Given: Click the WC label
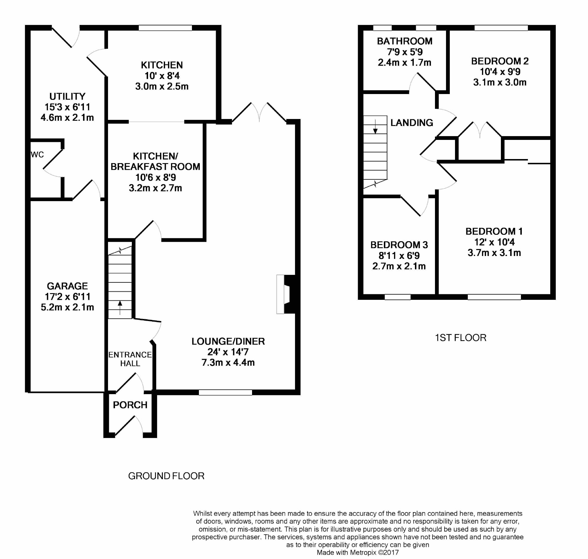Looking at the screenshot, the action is (x=37, y=154).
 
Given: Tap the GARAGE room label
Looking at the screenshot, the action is (x=67, y=286).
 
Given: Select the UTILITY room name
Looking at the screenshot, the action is (x=67, y=97).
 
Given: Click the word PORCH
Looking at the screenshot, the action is (x=130, y=405).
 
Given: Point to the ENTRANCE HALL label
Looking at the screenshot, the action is (x=130, y=359).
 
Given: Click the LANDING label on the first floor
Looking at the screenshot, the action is (x=412, y=122).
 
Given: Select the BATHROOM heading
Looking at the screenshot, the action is (x=404, y=41).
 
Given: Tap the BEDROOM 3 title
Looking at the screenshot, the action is (x=399, y=245).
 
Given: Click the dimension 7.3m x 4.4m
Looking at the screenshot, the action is (x=228, y=362).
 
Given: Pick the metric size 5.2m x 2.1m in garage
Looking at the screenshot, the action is (x=67, y=307).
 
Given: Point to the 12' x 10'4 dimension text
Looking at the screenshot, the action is (x=495, y=242).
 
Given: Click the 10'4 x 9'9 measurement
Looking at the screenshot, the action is (x=500, y=71).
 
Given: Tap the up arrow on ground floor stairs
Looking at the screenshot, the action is (x=120, y=308).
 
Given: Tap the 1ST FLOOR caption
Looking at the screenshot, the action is (x=461, y=338).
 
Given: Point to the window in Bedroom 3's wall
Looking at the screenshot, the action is (x=398, y=297).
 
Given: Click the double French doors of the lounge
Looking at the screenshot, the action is (x=259, y=112).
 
